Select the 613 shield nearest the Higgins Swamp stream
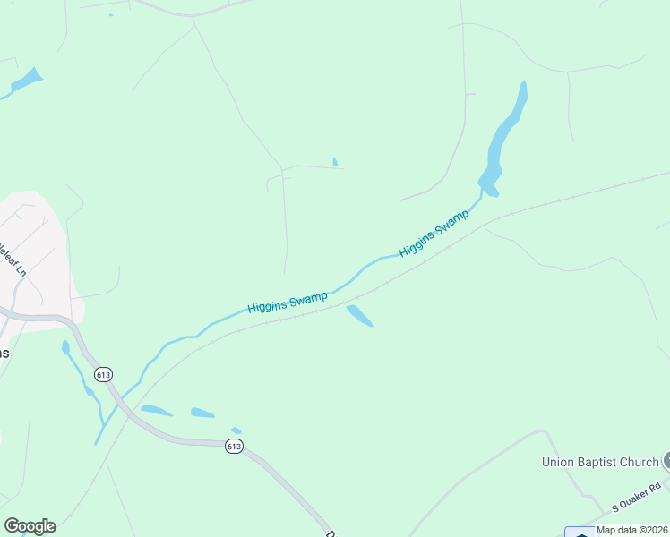pos(103,374)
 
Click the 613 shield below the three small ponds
pos(234,446)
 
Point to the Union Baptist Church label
pos(600,463)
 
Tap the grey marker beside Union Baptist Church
pos(666,462)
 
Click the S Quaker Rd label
pos(636,498)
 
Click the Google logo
pos(30,526)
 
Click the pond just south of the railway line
pos(359,315)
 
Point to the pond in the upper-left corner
pos(27,81)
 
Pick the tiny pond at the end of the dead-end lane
pos(335,163)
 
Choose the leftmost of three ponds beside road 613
pos(156,411)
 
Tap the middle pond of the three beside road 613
pos(202,413)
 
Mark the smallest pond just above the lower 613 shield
pos(236,430)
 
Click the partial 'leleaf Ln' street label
pos(13,259)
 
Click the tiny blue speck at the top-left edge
pos(111,15)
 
